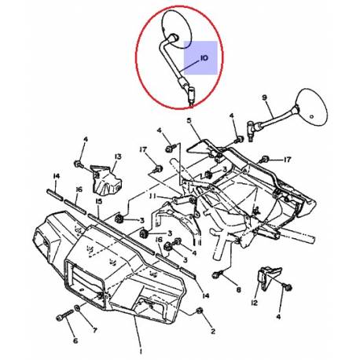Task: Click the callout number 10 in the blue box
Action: pyautogui.click(x=204, y=58)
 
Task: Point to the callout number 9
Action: pyautogui.click(x=264, y=99)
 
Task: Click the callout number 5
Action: pyautogui.click(x=189, y=120)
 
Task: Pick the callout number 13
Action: pyautogui.click(x=116, y=157)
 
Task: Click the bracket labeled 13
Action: pyautogui.click(x=103, y=180)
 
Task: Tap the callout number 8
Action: pyautogui.click(x=238, y=290)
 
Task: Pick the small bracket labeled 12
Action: pyautogui.click(x=267, y=277)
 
